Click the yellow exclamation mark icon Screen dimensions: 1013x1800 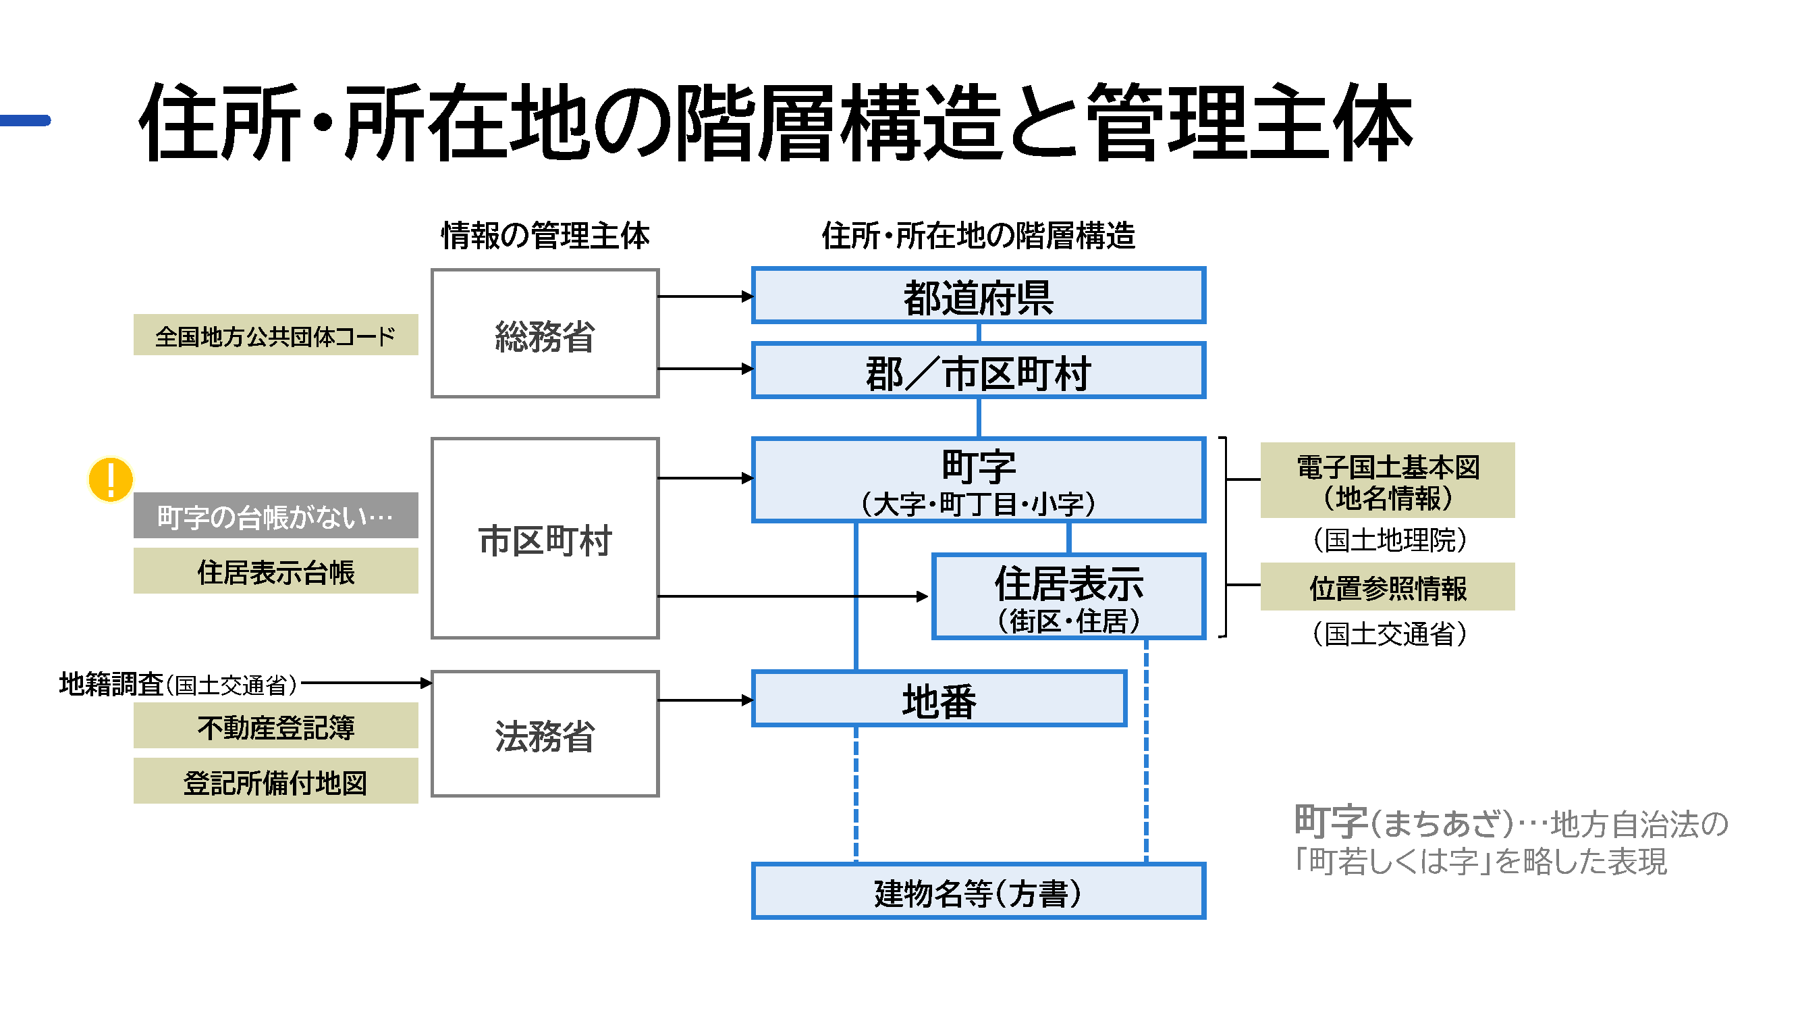111,479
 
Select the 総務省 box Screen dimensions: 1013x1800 545,334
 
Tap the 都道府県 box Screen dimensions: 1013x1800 977,296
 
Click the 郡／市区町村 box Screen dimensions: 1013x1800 977,371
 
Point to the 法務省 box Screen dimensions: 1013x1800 545,734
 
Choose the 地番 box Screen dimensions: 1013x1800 938,699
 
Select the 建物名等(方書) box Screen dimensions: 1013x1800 977,891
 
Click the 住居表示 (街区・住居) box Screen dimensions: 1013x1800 1068,596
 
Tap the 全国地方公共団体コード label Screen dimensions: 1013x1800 275,335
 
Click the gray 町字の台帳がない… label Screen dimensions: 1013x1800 275,516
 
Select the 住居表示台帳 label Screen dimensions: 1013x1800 275,571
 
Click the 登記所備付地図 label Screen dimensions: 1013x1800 275,781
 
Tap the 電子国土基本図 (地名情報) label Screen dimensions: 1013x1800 1387,480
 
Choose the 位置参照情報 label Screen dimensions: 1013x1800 1387,588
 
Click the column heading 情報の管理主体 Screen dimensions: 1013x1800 545,235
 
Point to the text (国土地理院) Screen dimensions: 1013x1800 1388,540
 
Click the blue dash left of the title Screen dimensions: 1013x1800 25,120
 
